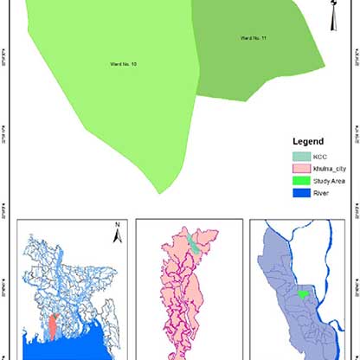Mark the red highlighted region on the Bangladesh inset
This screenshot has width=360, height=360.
[53, 327]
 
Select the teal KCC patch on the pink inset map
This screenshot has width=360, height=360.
[193, 243]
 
